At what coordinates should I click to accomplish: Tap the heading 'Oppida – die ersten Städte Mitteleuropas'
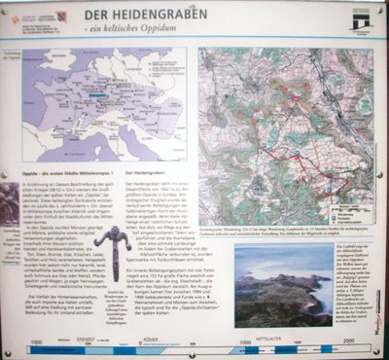click(x=65, y=171)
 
